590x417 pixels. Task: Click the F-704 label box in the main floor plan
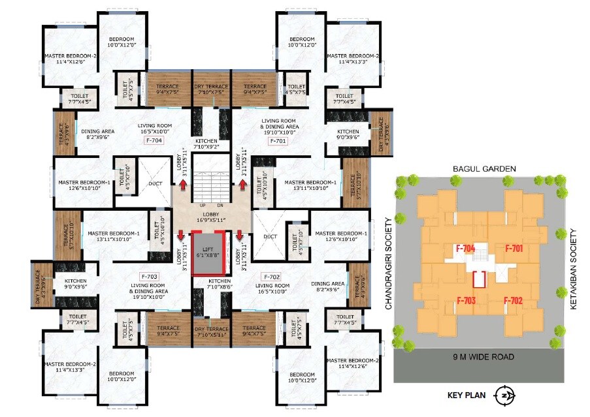point(154,140)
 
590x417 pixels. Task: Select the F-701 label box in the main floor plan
point(277,140)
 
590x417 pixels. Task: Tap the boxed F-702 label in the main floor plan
point(270,276)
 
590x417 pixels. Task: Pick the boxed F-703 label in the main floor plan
point(150,276)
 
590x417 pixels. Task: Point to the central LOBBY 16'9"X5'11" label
point(211,217)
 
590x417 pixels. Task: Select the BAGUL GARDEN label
point(484,168)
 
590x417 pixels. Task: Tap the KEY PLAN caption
point(468,394)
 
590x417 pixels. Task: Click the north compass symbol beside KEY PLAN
point(504,394)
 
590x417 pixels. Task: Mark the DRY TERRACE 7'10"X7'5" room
point(211,89)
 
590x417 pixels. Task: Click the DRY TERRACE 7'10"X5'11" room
point(211,331)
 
